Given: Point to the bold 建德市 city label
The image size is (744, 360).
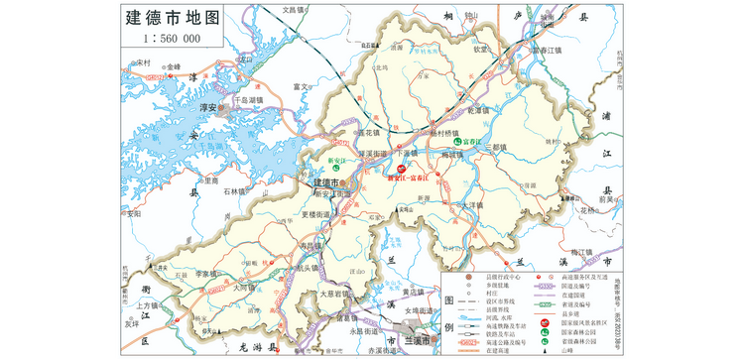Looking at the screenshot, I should pyautogui.click(x=325, y=184).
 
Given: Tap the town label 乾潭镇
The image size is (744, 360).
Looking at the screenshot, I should pyautogui.click(x=479, y=110).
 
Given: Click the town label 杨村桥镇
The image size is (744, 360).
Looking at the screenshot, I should pyautogui.click(x=445, y=132).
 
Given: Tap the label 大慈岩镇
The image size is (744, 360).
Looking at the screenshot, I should pyautogui.click(x=335, y=295).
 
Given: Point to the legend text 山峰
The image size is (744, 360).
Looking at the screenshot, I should pyautogui.click(x=567, y=349).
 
